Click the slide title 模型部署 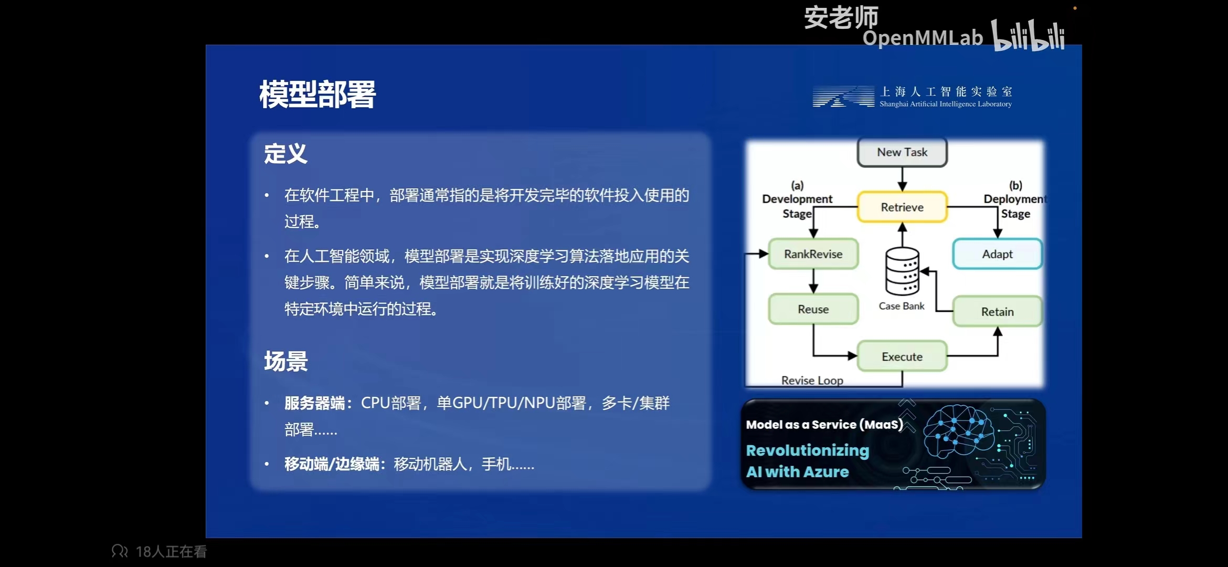[317, 94]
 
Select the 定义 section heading [285, 154]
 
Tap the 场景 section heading [285, 361]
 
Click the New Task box [902, 152]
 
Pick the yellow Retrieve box [902, 207]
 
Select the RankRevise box [813, 254]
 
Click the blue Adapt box [997, 254]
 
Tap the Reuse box [813, 309]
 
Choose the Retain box [997, 311]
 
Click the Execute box [902, 356]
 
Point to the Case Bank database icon [902, 271]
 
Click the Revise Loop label [812, 380]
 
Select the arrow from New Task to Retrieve [902, 179]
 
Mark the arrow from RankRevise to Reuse [813, 281]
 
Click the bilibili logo [1028, 35]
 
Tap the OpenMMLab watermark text [923, 38]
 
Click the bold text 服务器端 [314, 403]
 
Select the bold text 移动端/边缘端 [332, 464]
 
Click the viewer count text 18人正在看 [171, 552]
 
